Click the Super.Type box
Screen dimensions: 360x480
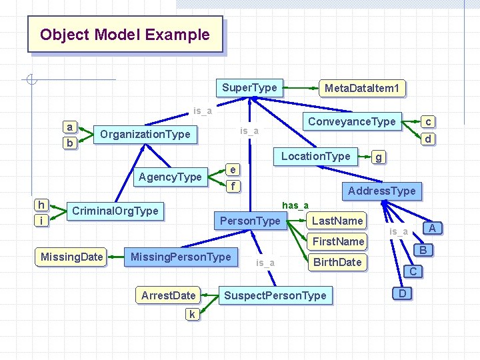[249, 87]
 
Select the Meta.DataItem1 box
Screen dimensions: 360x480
[361, 88]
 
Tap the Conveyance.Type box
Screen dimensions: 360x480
[351, 121]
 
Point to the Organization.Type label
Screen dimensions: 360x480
[145, 134]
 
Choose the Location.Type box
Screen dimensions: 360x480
[315, 156]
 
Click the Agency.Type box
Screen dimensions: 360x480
[169, 177]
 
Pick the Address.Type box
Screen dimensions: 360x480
[381, 191]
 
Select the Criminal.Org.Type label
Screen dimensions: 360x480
[115, 211]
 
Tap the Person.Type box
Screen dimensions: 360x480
[250, 221]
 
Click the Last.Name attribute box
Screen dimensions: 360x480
[337, 221]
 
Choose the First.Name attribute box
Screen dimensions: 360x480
[339, 241]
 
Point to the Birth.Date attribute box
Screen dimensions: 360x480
[337, 262]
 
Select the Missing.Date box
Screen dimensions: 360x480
[71, 257]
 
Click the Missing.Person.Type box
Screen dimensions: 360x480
[181, 257]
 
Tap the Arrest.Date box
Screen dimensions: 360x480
[168, 295]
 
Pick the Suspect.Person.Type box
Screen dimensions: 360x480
[275, 295]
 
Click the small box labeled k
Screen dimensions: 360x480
[191, 314]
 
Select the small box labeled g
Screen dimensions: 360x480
[379, 157]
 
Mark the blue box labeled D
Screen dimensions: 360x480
[402, 293]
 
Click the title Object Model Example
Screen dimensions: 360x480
[125, 35]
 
